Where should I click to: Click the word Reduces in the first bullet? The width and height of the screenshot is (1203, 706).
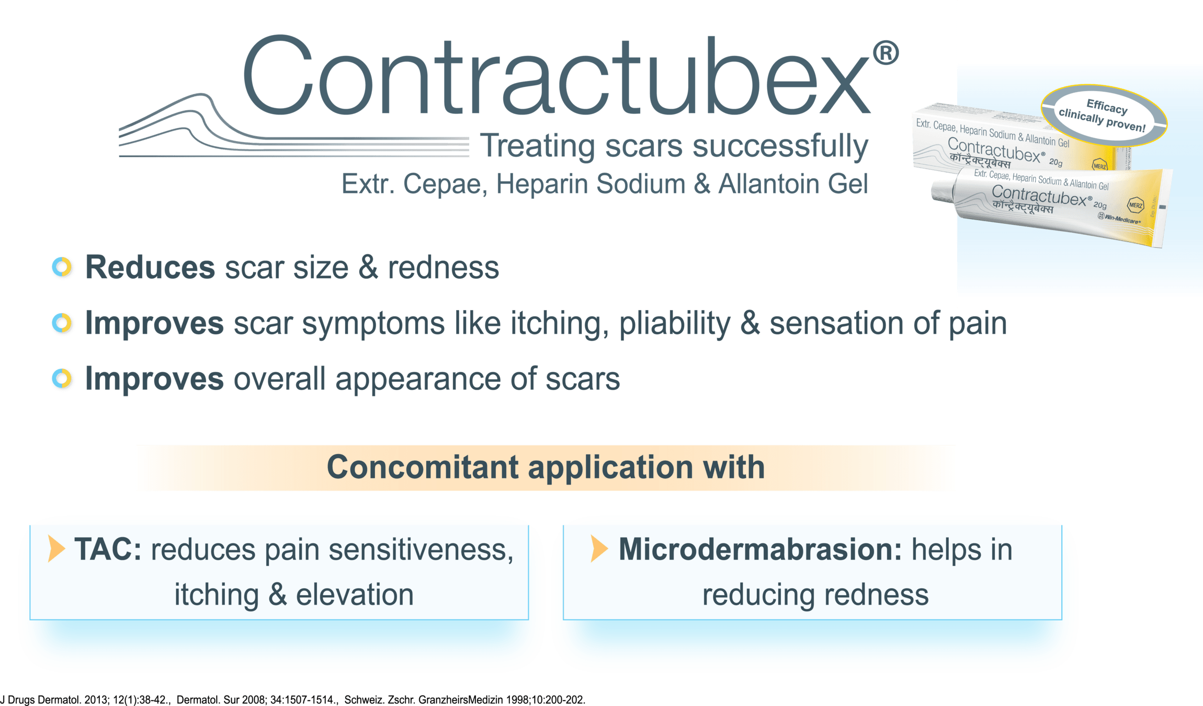point(150,268)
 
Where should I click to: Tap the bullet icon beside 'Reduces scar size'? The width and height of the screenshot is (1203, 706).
point(63,268)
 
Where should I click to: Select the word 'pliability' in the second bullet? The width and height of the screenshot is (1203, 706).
point(674,324)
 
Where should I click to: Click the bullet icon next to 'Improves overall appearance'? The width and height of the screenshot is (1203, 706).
point(63,379)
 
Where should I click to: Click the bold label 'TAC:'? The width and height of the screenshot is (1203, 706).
point(108,550)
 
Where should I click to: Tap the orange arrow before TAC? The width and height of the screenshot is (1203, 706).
point(56,549)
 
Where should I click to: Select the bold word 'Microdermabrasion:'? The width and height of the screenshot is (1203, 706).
point(760,550)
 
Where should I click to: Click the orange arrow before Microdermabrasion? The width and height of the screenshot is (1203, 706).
point(599,549)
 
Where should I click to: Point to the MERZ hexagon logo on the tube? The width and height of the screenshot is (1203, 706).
point(1136,205)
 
